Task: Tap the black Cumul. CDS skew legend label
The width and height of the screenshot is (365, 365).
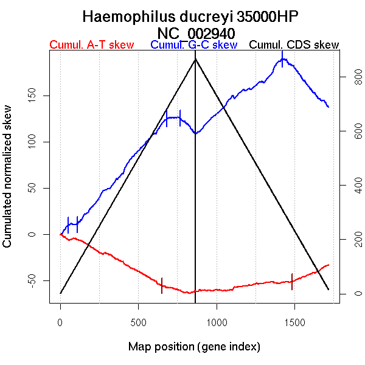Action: [294, 46]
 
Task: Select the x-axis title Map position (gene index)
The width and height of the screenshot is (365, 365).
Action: [194, 347]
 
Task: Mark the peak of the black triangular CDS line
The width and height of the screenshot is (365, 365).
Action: [195, 59]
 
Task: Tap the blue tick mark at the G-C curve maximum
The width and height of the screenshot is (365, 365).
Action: [282, 59]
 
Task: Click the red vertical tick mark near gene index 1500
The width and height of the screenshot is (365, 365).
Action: [292, 282]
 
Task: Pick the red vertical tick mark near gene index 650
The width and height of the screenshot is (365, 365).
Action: [162, 285]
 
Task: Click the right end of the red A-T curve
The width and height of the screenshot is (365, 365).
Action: [328, 265]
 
